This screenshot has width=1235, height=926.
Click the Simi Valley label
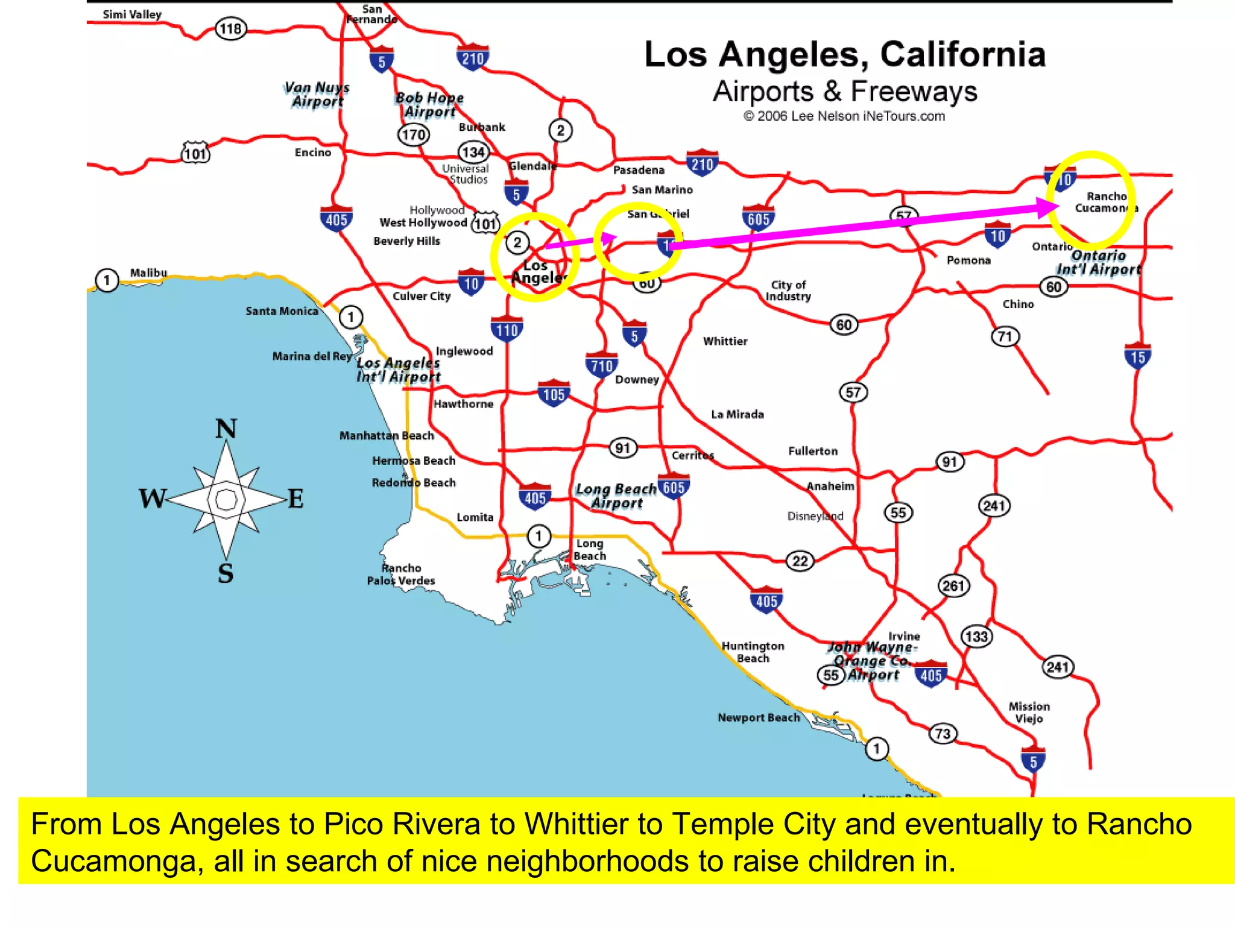[x=132, y=14]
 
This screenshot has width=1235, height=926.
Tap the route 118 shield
[x=231, y=28]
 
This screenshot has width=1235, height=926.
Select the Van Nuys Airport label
[x=317, y=95]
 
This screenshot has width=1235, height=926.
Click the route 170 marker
[x=414, y=134]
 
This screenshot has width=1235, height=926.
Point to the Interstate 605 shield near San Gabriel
[x=759, y=218]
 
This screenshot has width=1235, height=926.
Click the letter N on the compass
[x=226, y=429]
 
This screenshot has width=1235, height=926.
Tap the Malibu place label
[x=148, y=272]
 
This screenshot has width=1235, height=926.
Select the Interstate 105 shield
[x=554, y=394]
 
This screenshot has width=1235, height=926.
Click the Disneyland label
[x=815, y=516]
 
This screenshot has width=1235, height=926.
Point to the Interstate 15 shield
[x=1138, y=356]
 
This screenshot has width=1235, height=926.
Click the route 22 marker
[x=800, y=561]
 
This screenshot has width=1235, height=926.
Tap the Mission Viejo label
[x=1029, y=712]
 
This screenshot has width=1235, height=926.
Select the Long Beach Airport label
[x=616, y=496]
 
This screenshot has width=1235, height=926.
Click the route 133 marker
[x=976, y=637]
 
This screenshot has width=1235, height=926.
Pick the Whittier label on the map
[x=725, y=341]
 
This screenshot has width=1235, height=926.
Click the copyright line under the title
[x=844, y=116]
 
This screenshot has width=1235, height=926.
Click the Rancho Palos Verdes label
[x=401, y=574]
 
